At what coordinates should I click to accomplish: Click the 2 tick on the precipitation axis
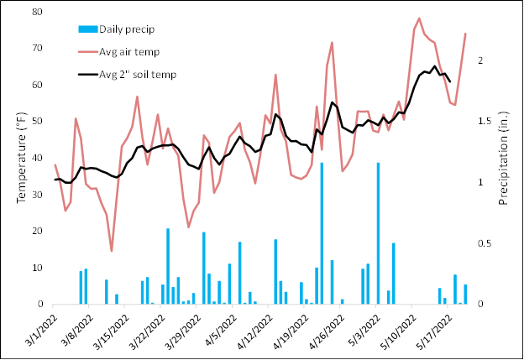click(479, 61)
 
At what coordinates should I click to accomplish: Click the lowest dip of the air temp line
click(112, 250)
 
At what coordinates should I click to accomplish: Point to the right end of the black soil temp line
click(450, 81)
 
